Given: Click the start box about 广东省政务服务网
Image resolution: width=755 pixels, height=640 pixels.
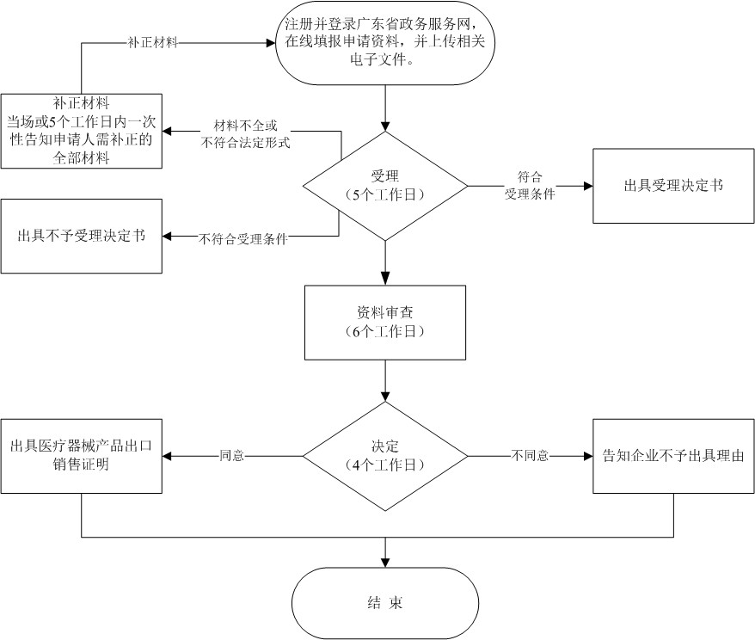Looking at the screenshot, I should (384, 45).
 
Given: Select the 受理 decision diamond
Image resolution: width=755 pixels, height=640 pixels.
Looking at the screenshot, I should (384, 185).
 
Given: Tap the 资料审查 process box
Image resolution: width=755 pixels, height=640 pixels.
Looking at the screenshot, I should (384, 322).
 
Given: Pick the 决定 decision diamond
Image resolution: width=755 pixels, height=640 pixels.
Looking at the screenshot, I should (384, 455).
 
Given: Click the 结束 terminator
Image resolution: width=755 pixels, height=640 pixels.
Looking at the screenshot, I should (384, 602).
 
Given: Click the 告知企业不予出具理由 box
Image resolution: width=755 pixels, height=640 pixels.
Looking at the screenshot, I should (673, 455).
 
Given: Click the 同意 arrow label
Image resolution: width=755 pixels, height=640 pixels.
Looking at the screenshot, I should (232, 456).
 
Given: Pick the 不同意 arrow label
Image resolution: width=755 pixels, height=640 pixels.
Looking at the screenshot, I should (531, 456).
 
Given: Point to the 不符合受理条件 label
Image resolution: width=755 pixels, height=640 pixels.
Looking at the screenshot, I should (243, 238).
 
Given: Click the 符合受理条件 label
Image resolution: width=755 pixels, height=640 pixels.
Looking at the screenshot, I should (529, 185).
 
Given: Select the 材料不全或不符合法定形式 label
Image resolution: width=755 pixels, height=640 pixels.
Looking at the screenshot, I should (245, 134).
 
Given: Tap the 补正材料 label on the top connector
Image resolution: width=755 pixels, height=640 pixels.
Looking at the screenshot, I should (151, 42).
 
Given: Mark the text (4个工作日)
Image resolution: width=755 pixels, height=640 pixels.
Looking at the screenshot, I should (384, 465).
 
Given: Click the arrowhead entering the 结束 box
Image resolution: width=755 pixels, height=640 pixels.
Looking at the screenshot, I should (384, 562).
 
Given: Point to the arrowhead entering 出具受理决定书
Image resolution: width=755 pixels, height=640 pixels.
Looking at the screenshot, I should (587, 185).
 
